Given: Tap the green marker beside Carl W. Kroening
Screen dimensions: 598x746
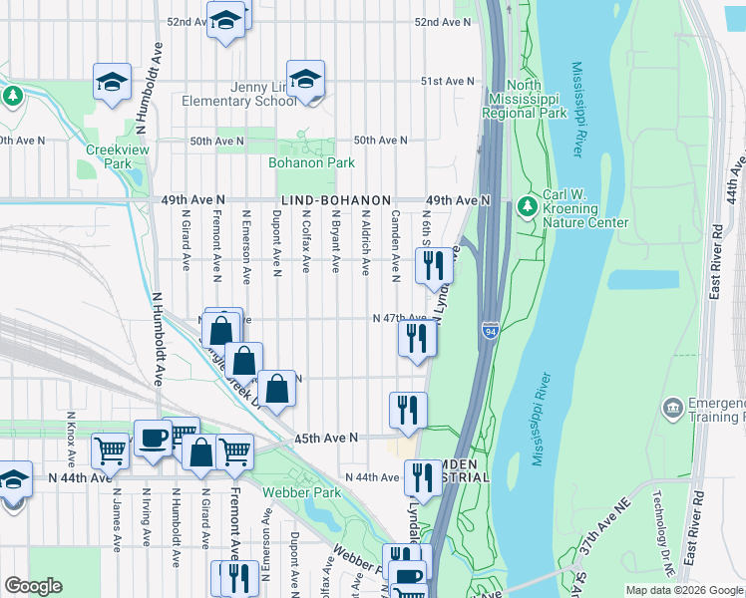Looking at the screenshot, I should [526, 207].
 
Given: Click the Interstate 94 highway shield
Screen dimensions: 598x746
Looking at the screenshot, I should [490, 329].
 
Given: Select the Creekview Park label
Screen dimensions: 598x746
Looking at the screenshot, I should [108, 156].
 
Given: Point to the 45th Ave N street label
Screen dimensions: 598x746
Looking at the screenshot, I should [325, 438].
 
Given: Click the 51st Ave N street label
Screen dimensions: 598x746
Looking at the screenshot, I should [446, 81].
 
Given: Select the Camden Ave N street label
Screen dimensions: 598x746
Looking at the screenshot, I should [395, 245].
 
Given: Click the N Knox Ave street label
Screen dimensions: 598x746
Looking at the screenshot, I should [70, 440].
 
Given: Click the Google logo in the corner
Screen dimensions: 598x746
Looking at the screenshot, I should [33, 587].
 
